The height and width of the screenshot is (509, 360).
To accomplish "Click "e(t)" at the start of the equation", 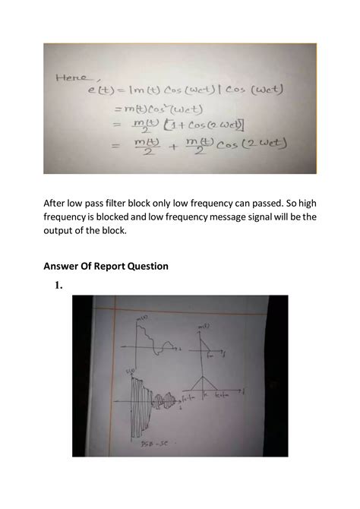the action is pyautogui.click(x=100, y=90).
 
